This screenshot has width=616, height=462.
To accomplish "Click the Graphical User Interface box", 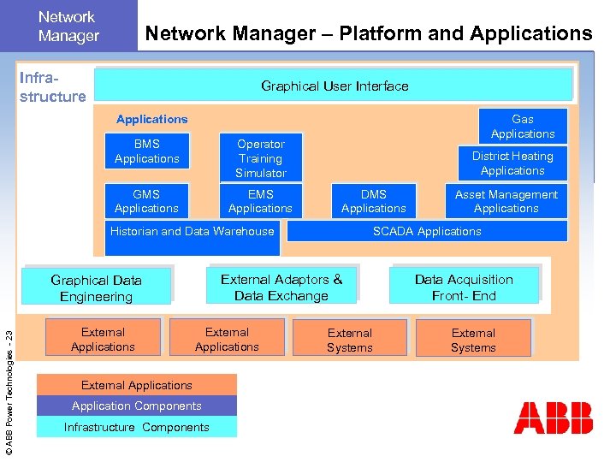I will point(334,86).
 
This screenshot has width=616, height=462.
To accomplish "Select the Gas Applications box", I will point(523,127).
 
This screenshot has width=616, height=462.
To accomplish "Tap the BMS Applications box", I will point(147,151).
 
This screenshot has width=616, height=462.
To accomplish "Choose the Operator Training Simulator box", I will point(261,158).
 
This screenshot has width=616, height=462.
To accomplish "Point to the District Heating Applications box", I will point(512,163).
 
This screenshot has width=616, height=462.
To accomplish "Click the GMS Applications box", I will point(147,201).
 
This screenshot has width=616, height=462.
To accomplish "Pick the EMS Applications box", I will point(261,201).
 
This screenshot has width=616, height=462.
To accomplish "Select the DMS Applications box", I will point(374,201).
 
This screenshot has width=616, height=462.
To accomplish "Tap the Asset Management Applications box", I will point(506,201).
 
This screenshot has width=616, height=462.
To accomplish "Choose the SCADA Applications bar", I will point(427,231).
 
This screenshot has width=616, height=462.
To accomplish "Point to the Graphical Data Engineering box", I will point(97,288).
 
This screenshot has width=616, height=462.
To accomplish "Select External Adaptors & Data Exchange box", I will point(281,287).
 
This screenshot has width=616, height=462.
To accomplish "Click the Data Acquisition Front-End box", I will point(464,287).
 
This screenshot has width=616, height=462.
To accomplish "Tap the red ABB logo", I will point(554,418).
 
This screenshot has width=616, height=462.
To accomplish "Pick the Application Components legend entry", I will point(137,406).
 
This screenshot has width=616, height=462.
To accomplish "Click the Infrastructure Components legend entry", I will point(137,427).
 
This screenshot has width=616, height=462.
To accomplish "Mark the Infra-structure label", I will point(53,86).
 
